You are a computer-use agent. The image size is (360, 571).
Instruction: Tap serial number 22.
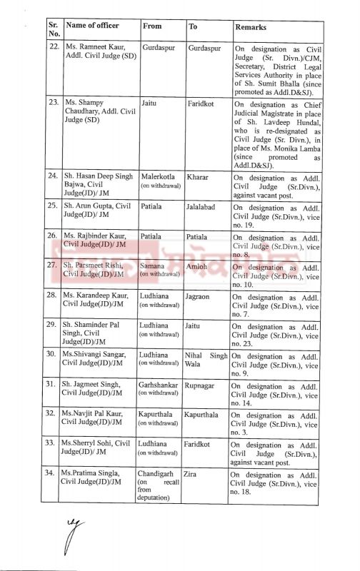point(51,47)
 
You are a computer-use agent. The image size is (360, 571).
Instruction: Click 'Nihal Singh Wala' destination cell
point(206,358)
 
